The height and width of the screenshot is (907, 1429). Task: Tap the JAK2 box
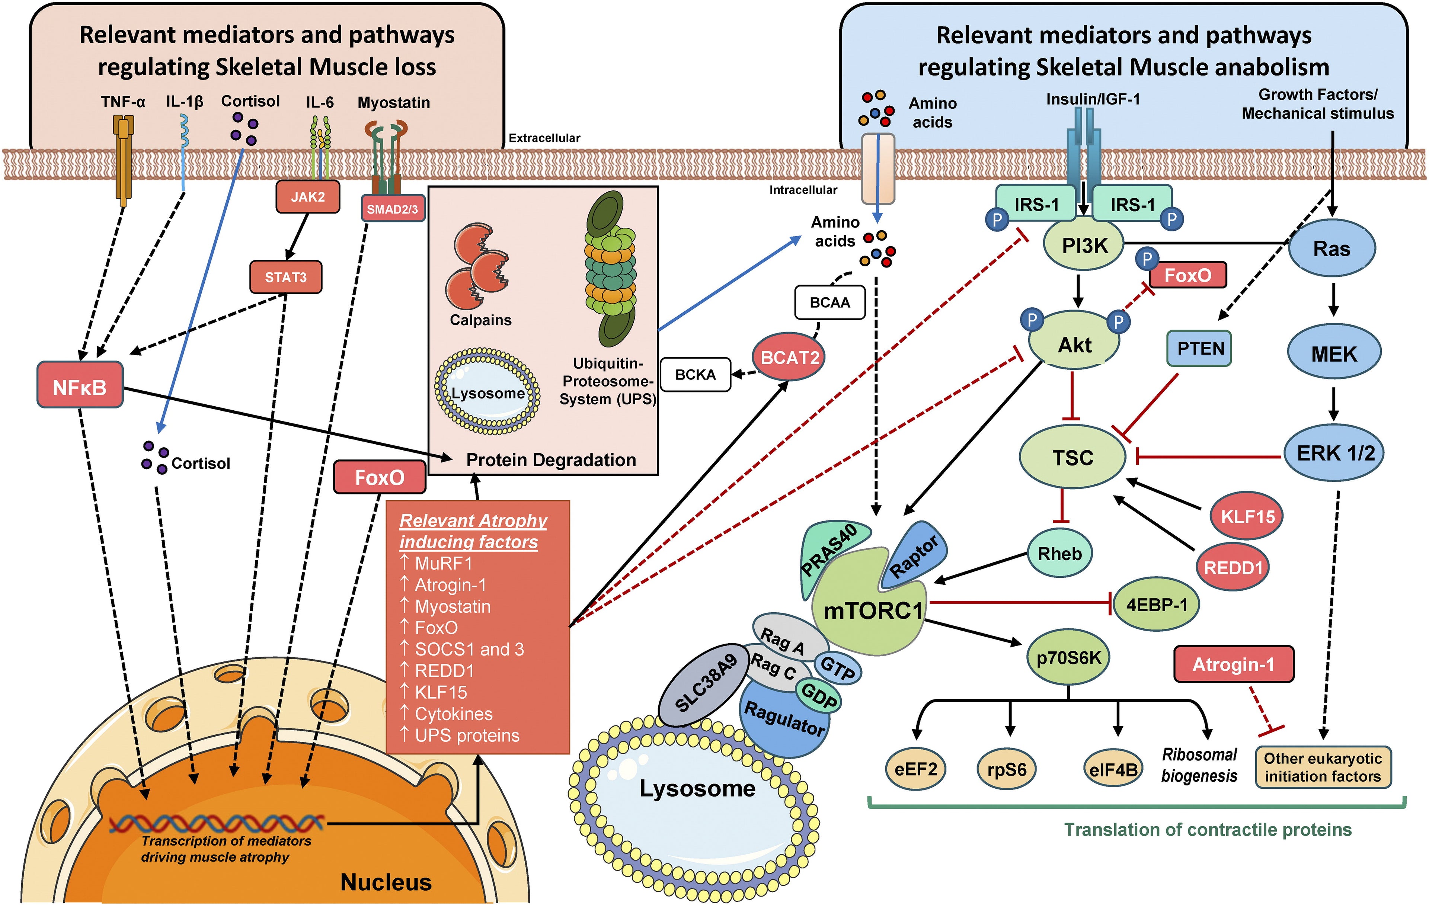pos(307,197)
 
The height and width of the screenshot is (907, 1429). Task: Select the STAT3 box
pos(285,277)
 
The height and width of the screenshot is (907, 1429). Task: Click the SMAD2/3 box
pos(392,209)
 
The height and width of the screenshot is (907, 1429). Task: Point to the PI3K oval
pos(1084,246)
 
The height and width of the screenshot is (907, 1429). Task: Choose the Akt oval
pos(1074,344)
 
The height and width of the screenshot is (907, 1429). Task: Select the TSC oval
pos(1072,457)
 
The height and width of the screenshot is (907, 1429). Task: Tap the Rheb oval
pos(1059,554)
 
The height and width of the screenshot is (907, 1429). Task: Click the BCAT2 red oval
pos(789,357)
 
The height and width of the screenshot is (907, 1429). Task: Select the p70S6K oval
pos(1068,658)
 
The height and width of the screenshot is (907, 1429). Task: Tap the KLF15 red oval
pos(1247,516)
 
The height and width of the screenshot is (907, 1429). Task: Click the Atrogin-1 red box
pos(1233,664)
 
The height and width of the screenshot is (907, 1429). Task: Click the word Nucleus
pos(386,882)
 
